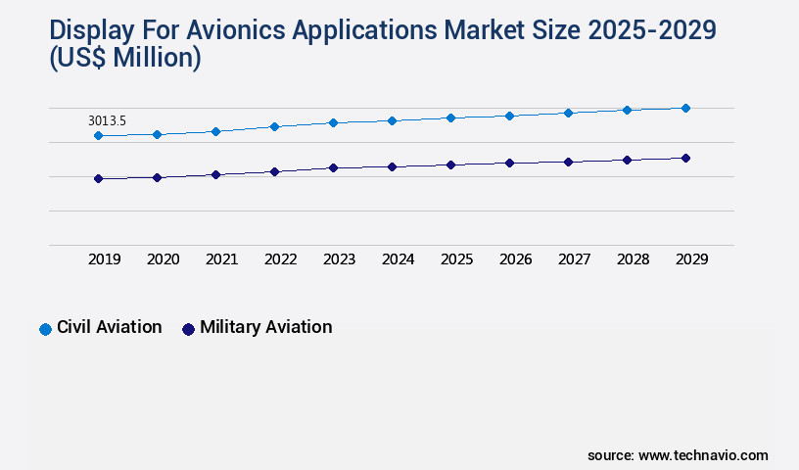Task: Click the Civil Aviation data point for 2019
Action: click(x=98, y=135)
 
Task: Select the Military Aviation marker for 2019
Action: click(x=98, y=178)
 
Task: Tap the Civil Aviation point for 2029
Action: click(x=685, y=108)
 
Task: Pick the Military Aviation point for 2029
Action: click(x=685, y=158)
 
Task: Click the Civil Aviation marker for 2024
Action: click(x=392, y=120)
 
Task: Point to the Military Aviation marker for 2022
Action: click(x=274, y=171)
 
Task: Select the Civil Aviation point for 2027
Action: click(x=568, y=113)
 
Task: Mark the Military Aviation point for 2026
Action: click(x=509, y=163)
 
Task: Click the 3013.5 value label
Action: click(x=107, y=120)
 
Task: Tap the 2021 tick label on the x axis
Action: click(x=221, y=259)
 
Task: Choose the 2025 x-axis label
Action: click(x=456, y=259)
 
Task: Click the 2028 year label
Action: click(x=633, y=259)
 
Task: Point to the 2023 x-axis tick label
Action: click(x=339, y=259)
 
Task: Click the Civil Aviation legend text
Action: click(x=109, y=327)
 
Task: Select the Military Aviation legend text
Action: click(x=265, y=327)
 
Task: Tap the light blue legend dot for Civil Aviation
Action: click(x=45, y=329)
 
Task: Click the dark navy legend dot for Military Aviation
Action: click(x=188, y=329)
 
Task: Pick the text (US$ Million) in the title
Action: click(x=124, y=59)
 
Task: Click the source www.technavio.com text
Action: click(x=678, y=455)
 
